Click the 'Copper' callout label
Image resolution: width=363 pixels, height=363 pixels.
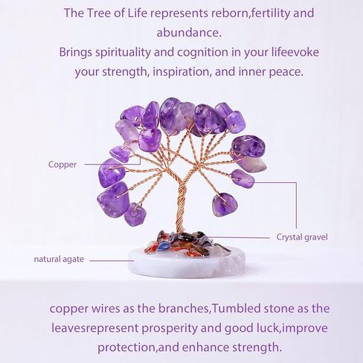point(62,164)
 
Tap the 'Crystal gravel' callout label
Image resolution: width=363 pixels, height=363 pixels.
point(302,237)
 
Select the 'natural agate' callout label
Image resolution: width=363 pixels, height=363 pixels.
point(59,260)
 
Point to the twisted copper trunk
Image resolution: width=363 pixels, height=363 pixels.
point(182,207)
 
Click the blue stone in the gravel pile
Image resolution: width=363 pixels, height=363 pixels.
point(163,245)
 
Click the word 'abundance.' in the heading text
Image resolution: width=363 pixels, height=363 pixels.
point(189,33)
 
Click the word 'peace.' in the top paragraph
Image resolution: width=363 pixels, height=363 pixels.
point(286,72)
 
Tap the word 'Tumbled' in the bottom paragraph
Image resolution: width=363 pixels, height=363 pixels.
point(237,309)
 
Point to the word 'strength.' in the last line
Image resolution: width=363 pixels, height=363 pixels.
point(257,347)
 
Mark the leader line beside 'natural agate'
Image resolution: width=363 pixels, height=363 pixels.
point(112,260)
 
